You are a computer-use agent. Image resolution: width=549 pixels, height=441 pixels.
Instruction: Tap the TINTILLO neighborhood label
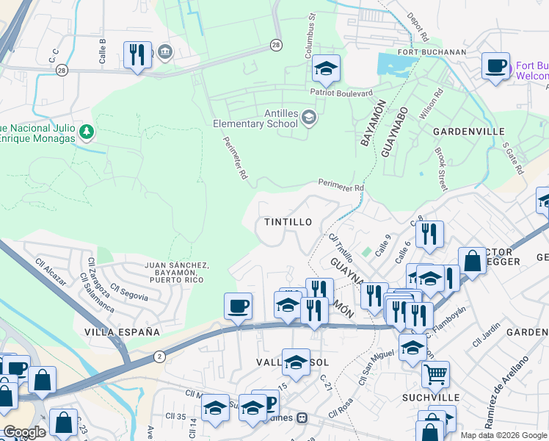(288, 222)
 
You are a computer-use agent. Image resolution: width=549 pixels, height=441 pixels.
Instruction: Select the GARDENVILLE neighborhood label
(468, 132)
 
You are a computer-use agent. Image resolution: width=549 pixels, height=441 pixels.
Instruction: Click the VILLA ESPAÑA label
(122, 332)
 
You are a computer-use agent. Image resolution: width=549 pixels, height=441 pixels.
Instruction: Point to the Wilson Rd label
(431, 105)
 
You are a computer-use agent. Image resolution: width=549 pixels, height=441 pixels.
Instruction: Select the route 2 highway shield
(160, 356)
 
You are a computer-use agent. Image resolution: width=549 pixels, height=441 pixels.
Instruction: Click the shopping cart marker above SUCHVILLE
(435, 374)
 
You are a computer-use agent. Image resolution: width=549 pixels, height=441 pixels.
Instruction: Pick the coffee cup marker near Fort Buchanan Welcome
(496, 66)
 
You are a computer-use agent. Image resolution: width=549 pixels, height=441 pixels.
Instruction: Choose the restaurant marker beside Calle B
(137, 54)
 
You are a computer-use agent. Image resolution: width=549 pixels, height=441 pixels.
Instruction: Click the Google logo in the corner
(24, 432)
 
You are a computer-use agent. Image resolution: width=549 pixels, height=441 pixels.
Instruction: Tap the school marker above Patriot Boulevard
(326, 69)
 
